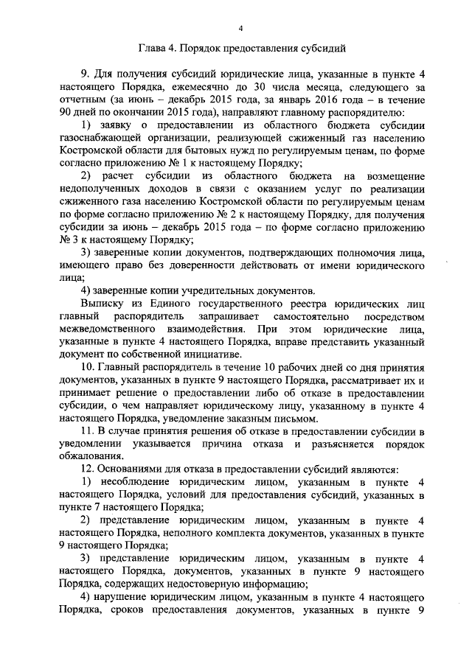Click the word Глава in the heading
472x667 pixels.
click(x=153, y=49)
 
